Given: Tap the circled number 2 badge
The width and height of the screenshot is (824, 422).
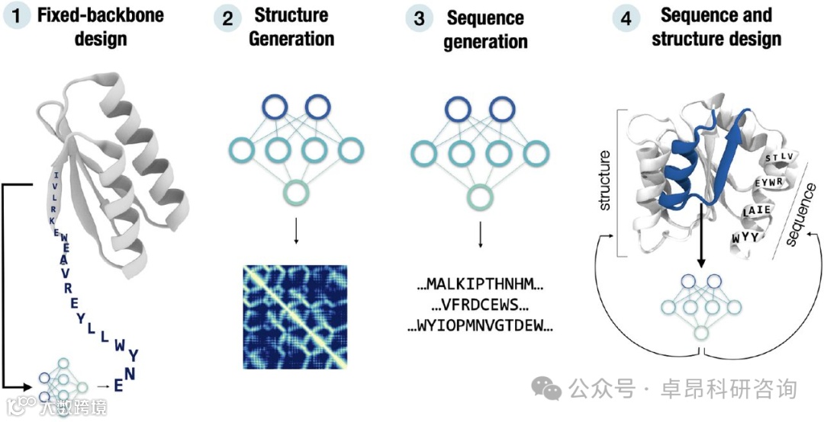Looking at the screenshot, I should (x=227, y=18).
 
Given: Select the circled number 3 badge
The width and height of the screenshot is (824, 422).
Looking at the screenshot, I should (x=419, y=18).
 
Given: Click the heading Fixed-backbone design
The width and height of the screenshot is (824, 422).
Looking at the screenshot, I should (x=100, y=27).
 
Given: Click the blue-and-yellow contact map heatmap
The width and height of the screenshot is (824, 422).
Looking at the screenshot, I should (x=295, y=316).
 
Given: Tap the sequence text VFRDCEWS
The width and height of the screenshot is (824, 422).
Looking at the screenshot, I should (x=480, y=307).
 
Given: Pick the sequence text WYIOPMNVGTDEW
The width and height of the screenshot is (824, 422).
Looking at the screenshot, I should (x=480, y=327).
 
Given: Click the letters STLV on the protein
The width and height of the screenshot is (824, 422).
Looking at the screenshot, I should (x=780, y=159).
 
